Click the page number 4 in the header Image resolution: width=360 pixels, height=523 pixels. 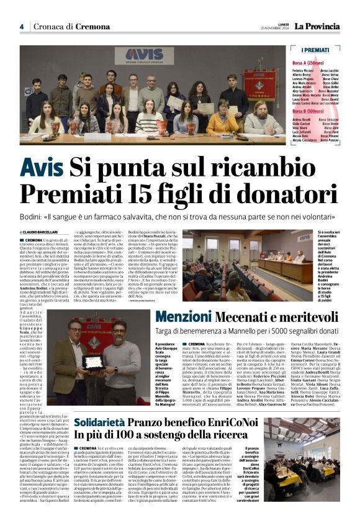tap(22, 27)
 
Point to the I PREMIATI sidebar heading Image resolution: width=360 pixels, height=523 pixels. tap(315, 50)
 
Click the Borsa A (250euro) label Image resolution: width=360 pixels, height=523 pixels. tap(308, 64)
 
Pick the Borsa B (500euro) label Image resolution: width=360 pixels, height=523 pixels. tap(308, 111)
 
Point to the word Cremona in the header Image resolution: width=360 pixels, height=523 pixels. tap(95, 27)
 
